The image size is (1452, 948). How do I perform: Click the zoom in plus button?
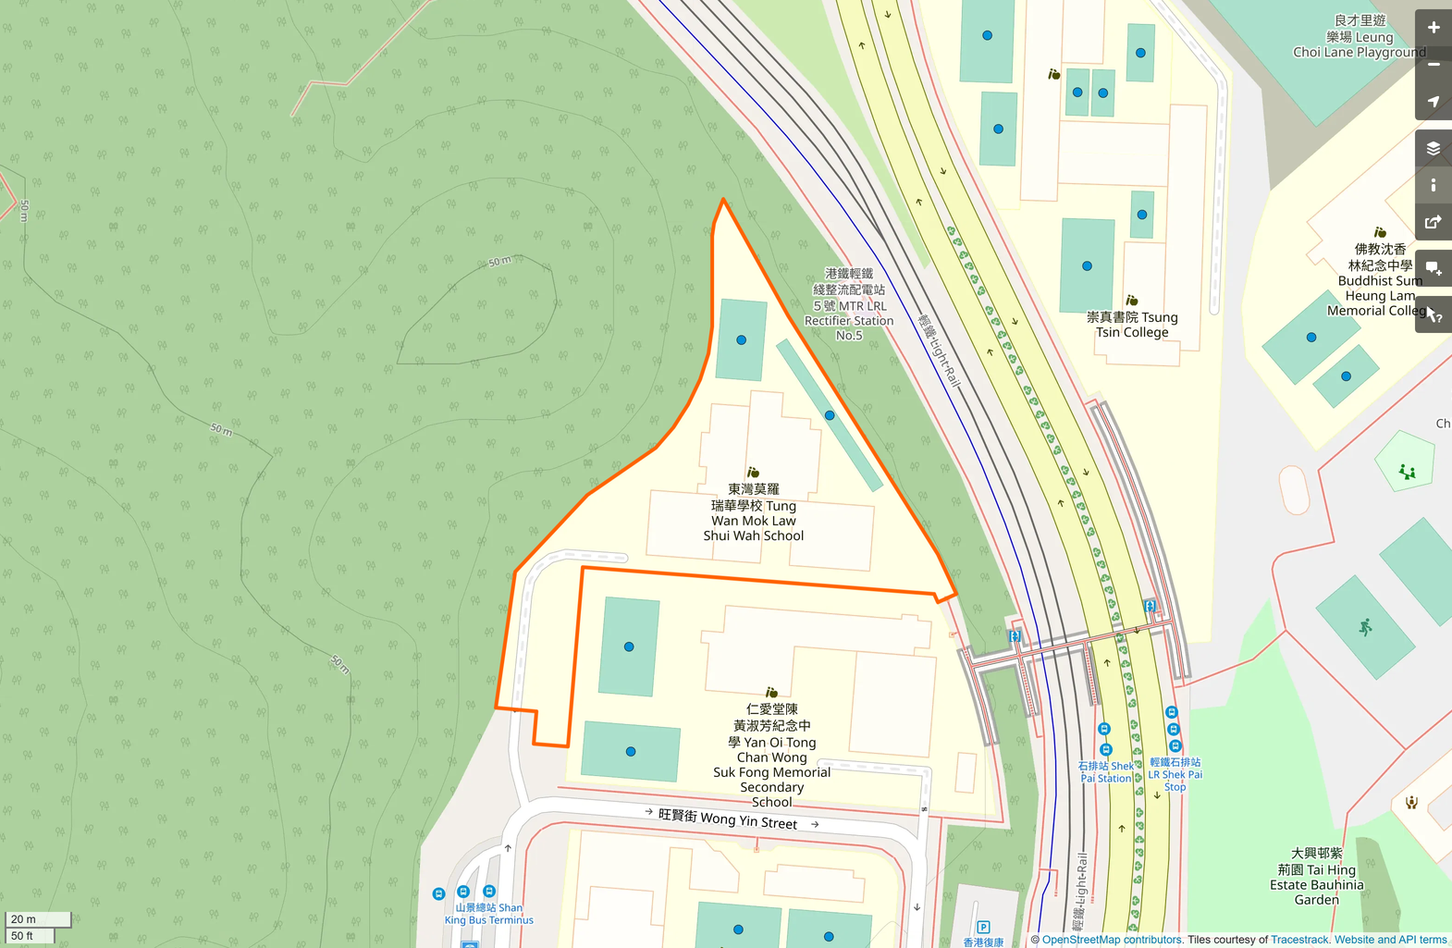pos(1433,28)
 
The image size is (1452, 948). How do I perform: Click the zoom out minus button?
pos(1433,65)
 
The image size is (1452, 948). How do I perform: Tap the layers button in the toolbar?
pos(1433,148)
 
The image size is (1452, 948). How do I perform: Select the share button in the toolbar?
pos(1433,222)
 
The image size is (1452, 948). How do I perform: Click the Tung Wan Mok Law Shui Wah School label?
pos(754,512)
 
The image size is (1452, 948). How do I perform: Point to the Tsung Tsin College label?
pos(1132,325)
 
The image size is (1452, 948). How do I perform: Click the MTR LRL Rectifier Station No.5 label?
pos(849,304)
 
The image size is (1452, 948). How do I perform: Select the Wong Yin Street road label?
pos(728,818)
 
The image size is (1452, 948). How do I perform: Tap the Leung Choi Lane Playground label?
pos(1359,37)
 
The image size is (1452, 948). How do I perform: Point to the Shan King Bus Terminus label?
pos(489,914)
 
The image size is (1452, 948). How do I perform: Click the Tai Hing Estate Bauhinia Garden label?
pos(1316,877)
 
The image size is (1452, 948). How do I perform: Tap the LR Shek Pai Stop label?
pos(1175,774)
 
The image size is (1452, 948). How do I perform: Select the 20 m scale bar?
pos(38,919)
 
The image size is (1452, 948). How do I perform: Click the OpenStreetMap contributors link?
pos(1112,940)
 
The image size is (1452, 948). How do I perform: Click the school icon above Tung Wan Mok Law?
pos(753,473)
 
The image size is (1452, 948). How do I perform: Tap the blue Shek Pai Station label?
pos(1106,772)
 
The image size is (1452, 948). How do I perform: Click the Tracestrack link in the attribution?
pos(1299,940)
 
